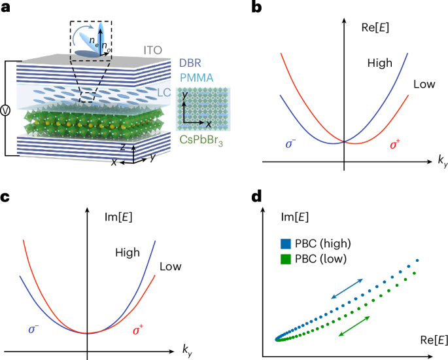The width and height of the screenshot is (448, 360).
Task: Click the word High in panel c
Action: pos(128,251)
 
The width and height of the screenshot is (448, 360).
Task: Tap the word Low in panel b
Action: pos(424,86)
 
